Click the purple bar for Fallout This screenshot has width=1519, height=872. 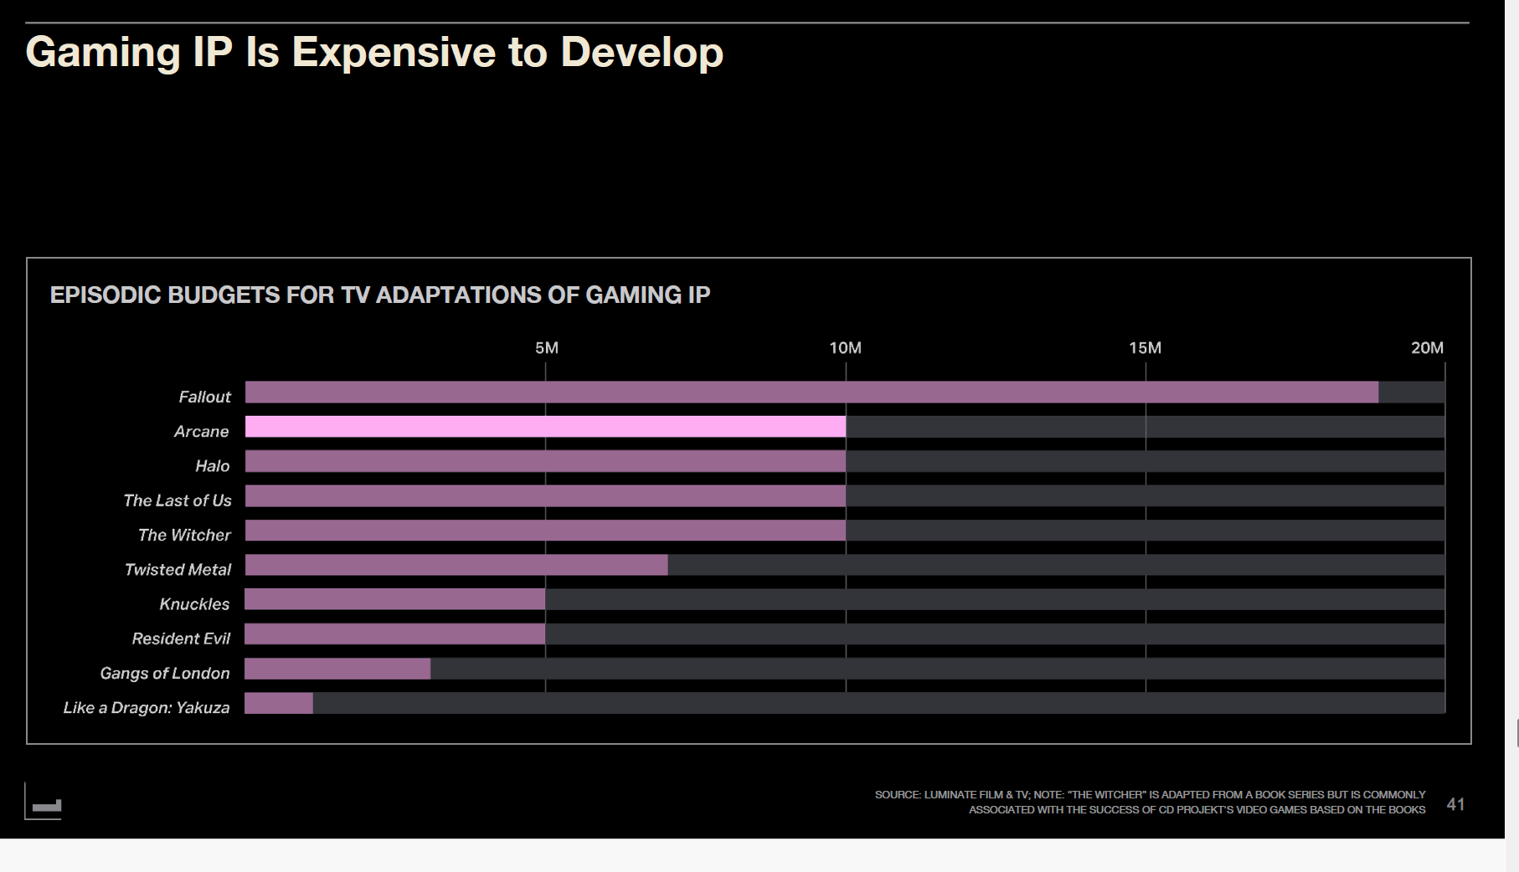(811, 392)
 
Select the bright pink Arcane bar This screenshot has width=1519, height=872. (544, 427)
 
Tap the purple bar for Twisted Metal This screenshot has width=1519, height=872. (456, 565)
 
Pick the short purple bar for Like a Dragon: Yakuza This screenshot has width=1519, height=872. (278, 703)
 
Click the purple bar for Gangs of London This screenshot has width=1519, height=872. (337, 669)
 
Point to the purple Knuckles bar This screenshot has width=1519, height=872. (394, 599)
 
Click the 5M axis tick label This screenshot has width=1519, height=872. (546, 348)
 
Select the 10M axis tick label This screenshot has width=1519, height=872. (845, 348)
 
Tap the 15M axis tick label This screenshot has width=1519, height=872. (1145, 348)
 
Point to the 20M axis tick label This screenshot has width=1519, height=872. (1427, 348)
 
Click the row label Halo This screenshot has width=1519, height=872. (212, 466)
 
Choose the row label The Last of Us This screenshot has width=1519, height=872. (177, 500)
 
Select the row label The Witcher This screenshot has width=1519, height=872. (184, 535)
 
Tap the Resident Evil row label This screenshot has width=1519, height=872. (181, 639)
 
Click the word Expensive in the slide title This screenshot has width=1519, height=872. (394, 53)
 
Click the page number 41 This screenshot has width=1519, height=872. (1455, 804)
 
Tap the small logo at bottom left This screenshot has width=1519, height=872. (45, 805)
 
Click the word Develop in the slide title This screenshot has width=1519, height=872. (641, 53)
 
